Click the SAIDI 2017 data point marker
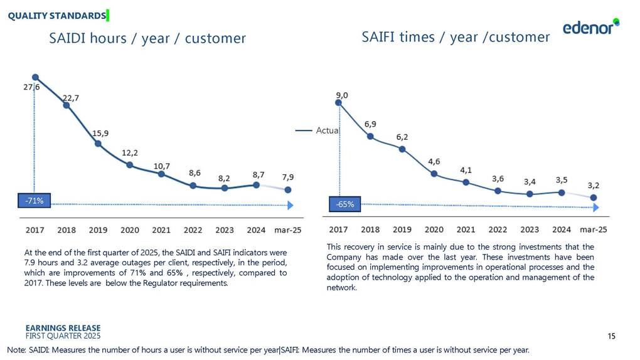[x=35, y=78]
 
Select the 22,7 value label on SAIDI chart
[x=70, y=98]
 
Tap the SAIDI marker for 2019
[x=98, y=144]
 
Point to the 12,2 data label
[x=129, y=152]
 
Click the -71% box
[x=35, y=201]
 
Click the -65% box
[x=344, y=204]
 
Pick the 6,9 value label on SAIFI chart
[x=371, y=124]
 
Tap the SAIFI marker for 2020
[x=434, y=174]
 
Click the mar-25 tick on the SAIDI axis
[x=288, y=230]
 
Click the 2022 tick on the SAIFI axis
[x=498, y=230]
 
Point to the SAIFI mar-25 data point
[x=594, y=198]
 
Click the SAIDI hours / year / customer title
[x=147, y=38]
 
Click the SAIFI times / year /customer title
[x=456, y=37]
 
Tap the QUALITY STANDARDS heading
[x=56, y=15]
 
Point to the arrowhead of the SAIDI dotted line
[x=290, y=205]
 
